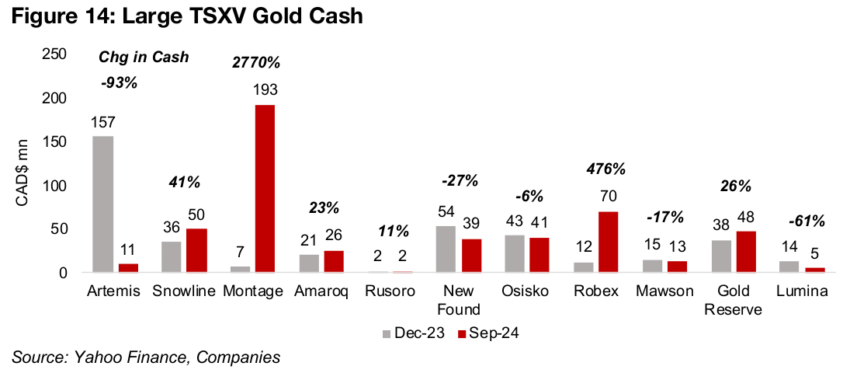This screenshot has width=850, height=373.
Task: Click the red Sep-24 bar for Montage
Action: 265,189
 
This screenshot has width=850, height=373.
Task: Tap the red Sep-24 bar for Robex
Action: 609,242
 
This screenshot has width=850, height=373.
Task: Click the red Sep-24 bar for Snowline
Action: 196,250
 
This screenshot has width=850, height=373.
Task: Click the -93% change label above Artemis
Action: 119,82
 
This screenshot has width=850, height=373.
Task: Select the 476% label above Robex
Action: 608,169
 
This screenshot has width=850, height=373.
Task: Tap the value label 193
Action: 265,91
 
